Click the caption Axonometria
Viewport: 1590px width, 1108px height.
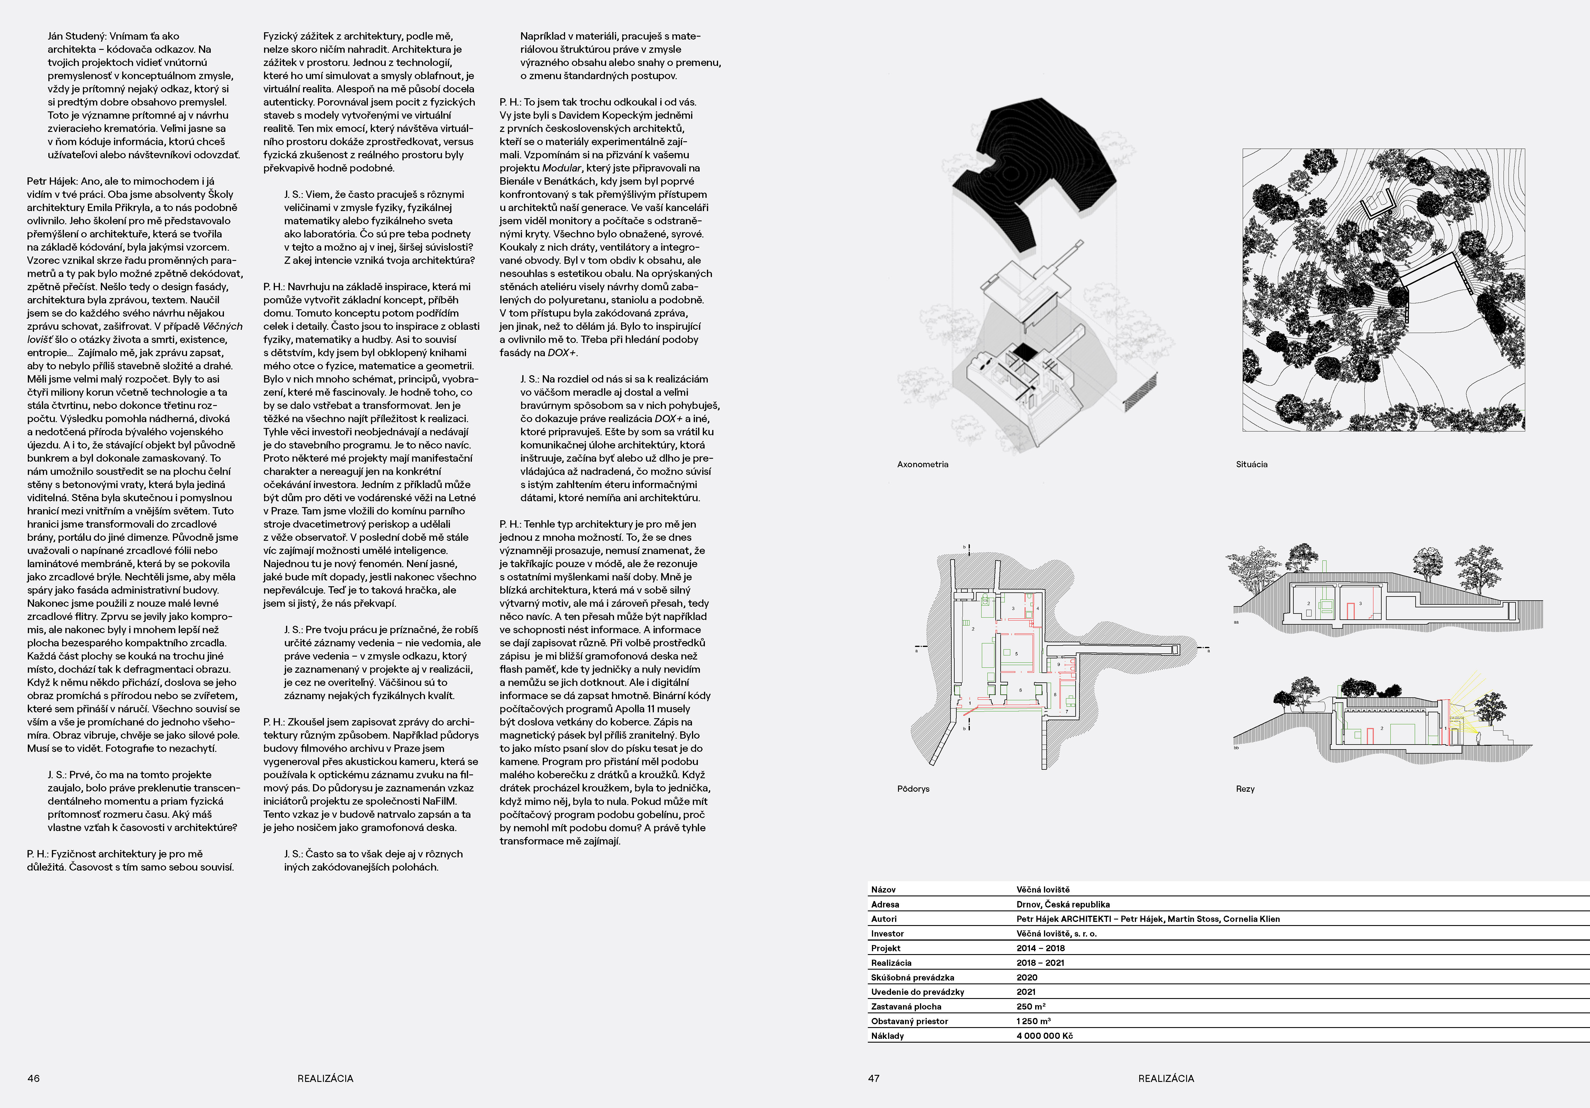[922, 464]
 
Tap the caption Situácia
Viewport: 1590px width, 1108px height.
[1251, 464]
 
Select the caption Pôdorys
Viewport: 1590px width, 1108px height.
[913, 789]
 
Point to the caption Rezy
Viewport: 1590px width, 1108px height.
[1245, 789]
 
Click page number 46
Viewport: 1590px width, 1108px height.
[33, 1078]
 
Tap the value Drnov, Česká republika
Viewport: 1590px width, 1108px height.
[1063, 904]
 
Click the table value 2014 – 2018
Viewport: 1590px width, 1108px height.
[1040, 948]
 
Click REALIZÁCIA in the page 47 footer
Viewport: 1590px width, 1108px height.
[1166, 1078]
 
